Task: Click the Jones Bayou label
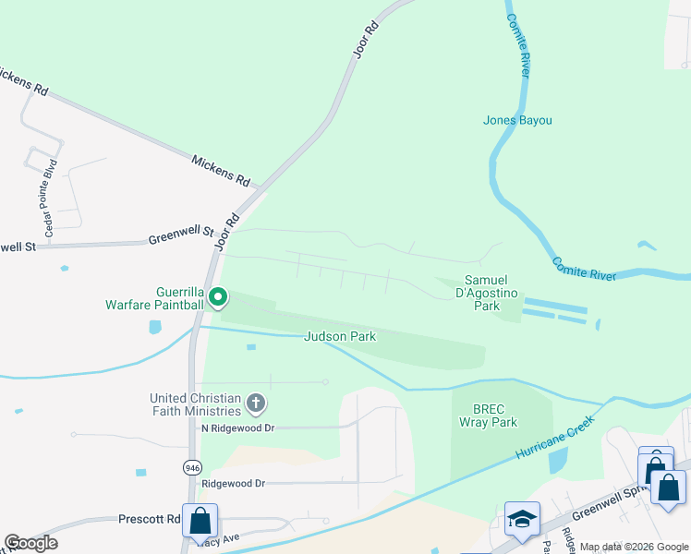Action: (517, 120)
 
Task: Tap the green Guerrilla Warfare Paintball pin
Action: (218, 297)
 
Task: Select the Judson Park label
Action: (341, 337)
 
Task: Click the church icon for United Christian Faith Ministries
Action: (256, 403)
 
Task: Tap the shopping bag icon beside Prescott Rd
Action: (200, 521)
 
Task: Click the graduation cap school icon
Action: (521, 520)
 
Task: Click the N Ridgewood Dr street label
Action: (237, 428)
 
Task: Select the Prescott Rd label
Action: (149, 520)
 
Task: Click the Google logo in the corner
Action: (30, 543)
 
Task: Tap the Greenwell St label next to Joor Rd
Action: (180, 237)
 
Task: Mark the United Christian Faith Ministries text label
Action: (197, 404)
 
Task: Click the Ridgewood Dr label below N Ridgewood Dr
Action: (233, 483)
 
